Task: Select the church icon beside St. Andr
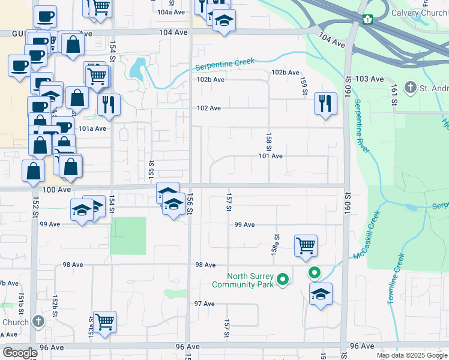411,89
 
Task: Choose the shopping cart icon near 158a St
306,245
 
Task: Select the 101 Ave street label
270,156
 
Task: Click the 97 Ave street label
204,304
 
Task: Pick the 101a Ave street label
92,128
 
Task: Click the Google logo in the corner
20,353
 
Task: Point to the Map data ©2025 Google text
411,355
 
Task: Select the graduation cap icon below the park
321,294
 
